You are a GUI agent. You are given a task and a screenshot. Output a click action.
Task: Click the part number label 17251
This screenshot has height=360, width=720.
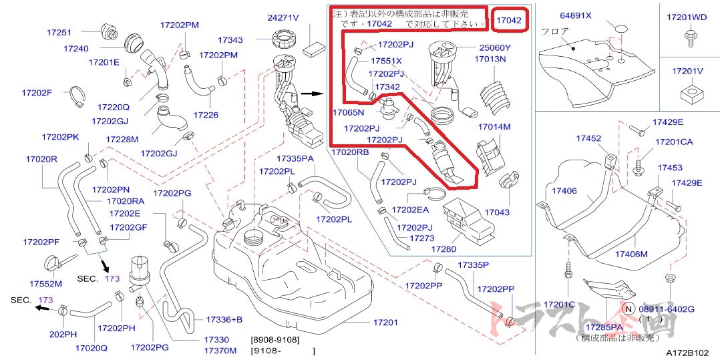point(59,32)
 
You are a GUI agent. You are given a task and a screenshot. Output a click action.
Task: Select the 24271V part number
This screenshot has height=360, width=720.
point(283,17)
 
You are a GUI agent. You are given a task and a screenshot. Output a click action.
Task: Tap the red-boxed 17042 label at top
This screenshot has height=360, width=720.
point(508,21)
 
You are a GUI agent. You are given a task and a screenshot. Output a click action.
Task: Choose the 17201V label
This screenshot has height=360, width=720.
point(687,71)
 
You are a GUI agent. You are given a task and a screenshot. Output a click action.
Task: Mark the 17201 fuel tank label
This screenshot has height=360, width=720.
point(385,323)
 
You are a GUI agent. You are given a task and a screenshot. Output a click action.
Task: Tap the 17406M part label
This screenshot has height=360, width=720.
point(632,254)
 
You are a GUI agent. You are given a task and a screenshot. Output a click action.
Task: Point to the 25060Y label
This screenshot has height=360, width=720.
point(494,47)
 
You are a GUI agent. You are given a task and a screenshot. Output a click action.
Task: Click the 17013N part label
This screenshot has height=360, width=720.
point(490,59)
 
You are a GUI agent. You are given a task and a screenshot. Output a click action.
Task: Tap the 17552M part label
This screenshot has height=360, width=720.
point(45,283)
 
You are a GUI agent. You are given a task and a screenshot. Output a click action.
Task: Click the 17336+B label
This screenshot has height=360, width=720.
point(224,319)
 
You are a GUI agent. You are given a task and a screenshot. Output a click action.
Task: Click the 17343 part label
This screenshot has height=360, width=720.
point(230,41)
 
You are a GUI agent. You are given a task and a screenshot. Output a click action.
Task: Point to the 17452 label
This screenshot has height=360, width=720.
point(589,138)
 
